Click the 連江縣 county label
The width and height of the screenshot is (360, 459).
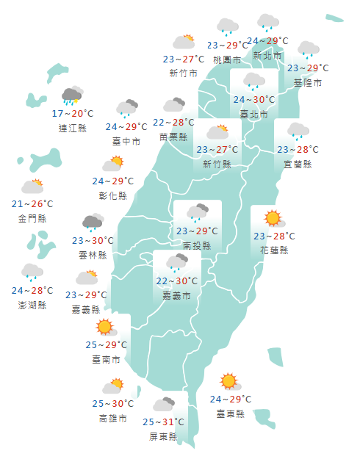73,128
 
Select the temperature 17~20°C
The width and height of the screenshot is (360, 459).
73,114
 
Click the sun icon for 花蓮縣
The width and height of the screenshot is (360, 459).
273,218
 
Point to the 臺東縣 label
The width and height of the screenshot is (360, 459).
230,413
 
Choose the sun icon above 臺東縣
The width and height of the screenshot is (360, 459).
229,381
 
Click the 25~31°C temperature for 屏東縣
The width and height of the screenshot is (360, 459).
163,422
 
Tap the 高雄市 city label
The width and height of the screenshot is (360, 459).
112,418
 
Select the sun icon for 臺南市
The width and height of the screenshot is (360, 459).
105,327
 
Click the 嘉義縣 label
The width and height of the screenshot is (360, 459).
86,309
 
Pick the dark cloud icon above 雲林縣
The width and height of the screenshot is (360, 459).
92,223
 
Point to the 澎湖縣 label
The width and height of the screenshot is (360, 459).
32,305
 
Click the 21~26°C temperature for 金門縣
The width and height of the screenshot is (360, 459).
32,204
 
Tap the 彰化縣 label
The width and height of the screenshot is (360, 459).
113,195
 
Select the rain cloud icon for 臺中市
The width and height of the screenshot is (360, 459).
127,109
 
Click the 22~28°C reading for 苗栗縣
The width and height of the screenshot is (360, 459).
174,123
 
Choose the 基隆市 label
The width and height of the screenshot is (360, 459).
308,82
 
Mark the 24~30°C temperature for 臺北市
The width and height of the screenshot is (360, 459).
254,100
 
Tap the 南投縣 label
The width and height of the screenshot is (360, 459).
197,245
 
